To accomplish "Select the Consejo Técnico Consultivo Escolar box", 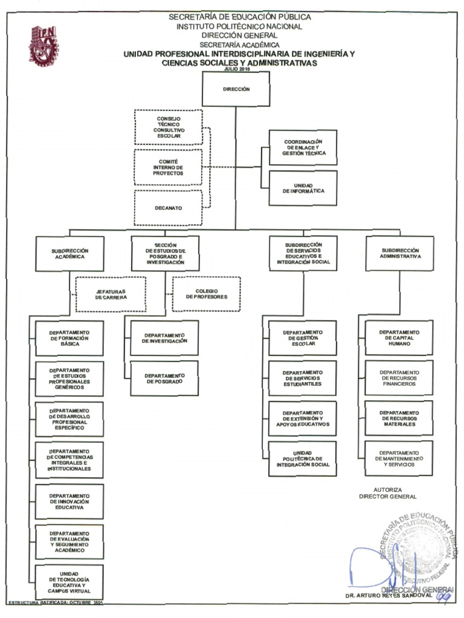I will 169,127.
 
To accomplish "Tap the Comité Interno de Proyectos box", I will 169,167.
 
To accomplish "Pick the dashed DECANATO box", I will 168,208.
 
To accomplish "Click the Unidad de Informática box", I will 303,188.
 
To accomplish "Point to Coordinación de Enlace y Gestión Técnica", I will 303,148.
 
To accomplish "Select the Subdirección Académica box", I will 69,253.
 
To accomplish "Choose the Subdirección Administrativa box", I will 400,253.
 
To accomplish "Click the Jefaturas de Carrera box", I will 111,294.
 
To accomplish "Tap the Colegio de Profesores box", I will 207,294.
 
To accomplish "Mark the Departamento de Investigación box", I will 164,338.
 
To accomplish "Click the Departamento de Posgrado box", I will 164,378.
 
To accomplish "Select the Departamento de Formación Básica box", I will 69,338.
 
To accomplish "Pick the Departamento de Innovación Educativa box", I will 69,502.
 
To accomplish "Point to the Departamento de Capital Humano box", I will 399,338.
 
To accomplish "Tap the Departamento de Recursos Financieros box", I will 399,378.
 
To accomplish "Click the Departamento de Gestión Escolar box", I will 303,338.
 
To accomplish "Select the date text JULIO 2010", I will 236,69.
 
